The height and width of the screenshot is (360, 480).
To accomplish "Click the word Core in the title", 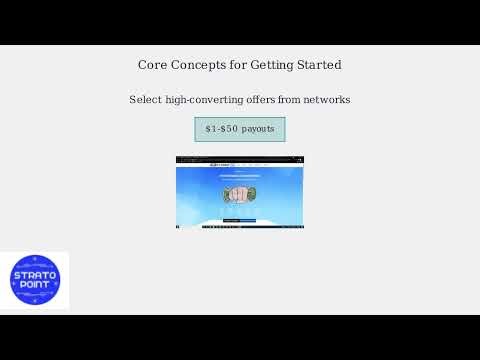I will (152, 65).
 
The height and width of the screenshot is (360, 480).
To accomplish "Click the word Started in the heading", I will (320, 65).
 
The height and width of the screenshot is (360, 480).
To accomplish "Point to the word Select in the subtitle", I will (146, 100).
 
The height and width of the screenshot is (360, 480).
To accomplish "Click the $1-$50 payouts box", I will (240, 129).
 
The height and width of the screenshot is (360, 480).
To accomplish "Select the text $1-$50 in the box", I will (220, 129).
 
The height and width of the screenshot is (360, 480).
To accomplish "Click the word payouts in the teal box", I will (257, 129).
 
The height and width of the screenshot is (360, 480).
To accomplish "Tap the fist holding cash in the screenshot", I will (239, 194).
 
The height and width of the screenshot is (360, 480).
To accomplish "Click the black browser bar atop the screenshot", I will (240, 159).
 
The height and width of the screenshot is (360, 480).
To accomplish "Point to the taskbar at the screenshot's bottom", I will (240, 227).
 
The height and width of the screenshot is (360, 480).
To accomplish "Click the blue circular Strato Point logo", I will (34, 280).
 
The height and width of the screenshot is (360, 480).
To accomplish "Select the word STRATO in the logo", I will (34, 273).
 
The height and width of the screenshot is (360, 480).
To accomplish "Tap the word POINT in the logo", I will (34, 285).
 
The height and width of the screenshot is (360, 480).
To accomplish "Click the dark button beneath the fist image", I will (240, 220).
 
